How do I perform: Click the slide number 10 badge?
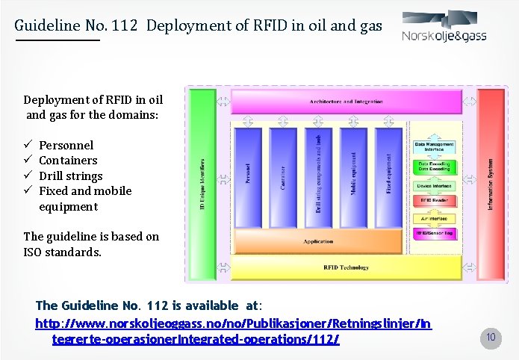(491, 337)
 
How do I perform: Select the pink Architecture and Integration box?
(346, 101)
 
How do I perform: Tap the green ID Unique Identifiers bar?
(202, 183)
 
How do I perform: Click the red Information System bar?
(491, 183)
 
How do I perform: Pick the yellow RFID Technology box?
(346, 267)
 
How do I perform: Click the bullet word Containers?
(68, 161)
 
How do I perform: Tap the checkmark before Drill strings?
(28, 176)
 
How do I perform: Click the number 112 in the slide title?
(125, 26)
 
